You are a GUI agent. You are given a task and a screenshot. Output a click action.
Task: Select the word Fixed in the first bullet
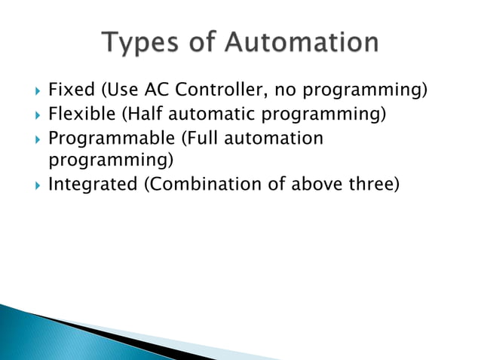click(69, 92)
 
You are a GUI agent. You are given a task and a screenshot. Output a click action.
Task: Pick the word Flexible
click(78, 115)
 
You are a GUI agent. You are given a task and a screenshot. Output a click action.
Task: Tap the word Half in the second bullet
click(139, 115)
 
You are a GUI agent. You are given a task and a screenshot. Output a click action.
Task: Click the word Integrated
click(92, 185)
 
